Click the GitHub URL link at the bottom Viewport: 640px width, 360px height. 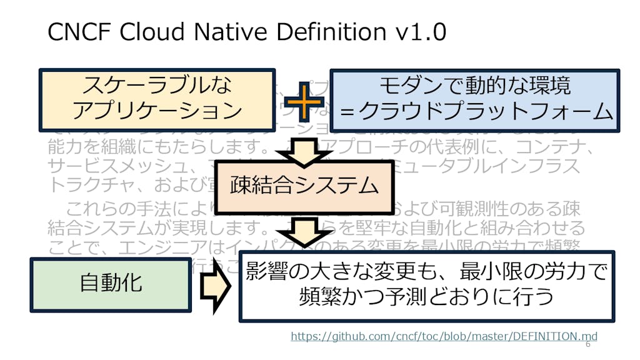(444, 336)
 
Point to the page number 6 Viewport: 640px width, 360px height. (587, 345)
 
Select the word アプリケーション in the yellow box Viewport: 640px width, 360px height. (157, 111)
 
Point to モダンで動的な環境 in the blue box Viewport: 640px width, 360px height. (475, 86)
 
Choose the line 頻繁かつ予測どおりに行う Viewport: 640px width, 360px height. (427, 296)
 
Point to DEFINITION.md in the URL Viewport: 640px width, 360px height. (554, 336)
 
